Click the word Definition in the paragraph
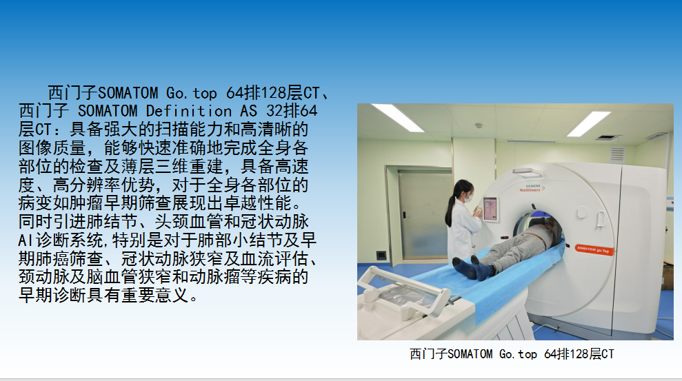[x=188, y=111]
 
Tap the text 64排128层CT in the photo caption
[x=579, y=354]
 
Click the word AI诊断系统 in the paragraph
[x=61, y=240]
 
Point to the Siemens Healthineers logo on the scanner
[x=532, y=188]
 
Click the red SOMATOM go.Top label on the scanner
[x=594, y=250]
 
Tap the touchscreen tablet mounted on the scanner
[x=490, y=209]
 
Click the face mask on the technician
[x=468, y=198]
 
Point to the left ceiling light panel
[x=397, y=117]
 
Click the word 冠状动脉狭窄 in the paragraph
[x=172, y=259]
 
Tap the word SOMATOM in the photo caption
[x=470, y=354]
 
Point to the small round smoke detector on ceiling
[x=479, y=125]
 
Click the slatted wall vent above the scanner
[x=617, y=154]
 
